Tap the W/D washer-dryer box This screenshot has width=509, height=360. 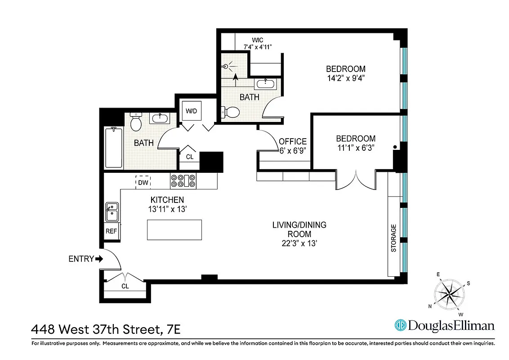[x=192, y=111]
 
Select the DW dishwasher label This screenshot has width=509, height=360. [x=143, y=182]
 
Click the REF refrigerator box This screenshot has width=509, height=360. [x=111, y=231]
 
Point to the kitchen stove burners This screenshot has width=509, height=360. [x=183, y=181]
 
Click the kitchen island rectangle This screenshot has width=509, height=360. [x=174, y=229]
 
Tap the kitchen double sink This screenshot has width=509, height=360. [x=112, y=211]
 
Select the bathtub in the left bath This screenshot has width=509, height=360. [x=114, y=148]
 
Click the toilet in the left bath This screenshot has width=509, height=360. [x=136, y=121]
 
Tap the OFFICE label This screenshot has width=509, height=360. [x=293, y=141]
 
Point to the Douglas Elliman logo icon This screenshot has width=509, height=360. [x=400, y=325]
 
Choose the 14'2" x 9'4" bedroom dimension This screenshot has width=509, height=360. [x=345, y=78]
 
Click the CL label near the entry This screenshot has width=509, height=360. [x=125, y=286]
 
